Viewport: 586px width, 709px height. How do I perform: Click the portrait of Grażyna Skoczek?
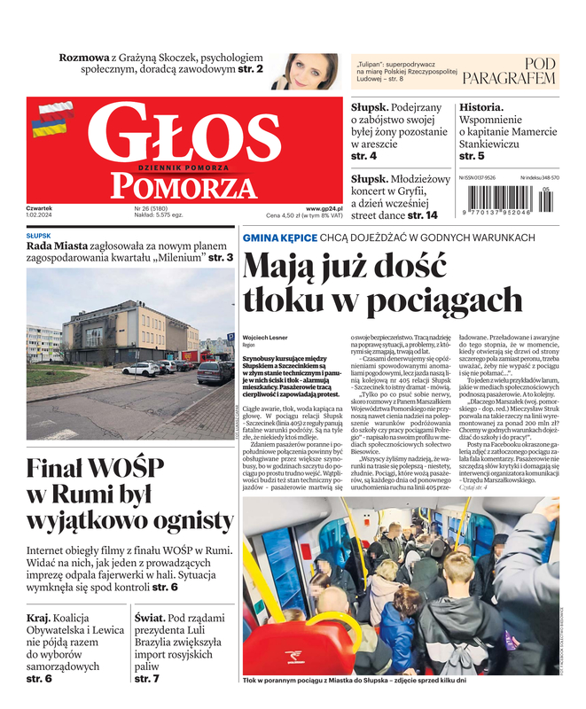(309, 71)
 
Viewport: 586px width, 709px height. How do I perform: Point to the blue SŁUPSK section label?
(38, 236)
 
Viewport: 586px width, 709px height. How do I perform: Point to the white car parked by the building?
(140, 369)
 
